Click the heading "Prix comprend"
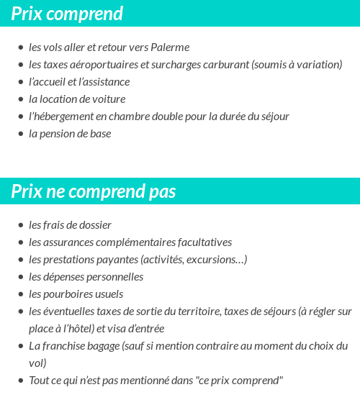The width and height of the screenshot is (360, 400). tap(67, 14)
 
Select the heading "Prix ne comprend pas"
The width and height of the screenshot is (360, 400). tap(94, 191)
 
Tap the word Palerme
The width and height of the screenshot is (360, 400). tap(170, 47)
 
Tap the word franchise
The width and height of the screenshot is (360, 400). tap(64, 346)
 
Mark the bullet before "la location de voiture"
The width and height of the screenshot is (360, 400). tap(20, 99)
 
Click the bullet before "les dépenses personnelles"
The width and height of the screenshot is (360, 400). tap(20, 277)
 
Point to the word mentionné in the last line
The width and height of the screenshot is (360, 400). tap(145, 381)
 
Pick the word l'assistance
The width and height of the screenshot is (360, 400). tap(102, 82)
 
